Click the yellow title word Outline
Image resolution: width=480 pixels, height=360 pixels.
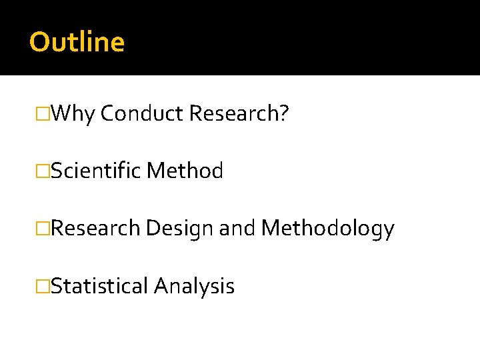(x=77, y=42)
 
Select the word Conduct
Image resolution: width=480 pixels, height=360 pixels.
(x=141, y=114)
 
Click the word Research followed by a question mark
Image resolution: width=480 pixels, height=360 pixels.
(x=234, y=114)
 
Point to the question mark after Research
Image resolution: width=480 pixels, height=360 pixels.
(x=284, y=114)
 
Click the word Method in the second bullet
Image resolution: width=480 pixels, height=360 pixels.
(x=185, y=171)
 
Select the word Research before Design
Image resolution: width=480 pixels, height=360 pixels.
(x=95, y=229)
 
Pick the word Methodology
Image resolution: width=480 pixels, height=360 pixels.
(x=327, y=229)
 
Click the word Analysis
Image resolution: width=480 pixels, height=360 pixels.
(x=194, y=287)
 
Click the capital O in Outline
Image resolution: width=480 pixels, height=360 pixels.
(x=39, y=42)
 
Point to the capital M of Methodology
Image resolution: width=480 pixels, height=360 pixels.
(x=270, y=229)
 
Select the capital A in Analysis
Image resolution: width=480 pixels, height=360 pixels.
(x=161, y=286)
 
